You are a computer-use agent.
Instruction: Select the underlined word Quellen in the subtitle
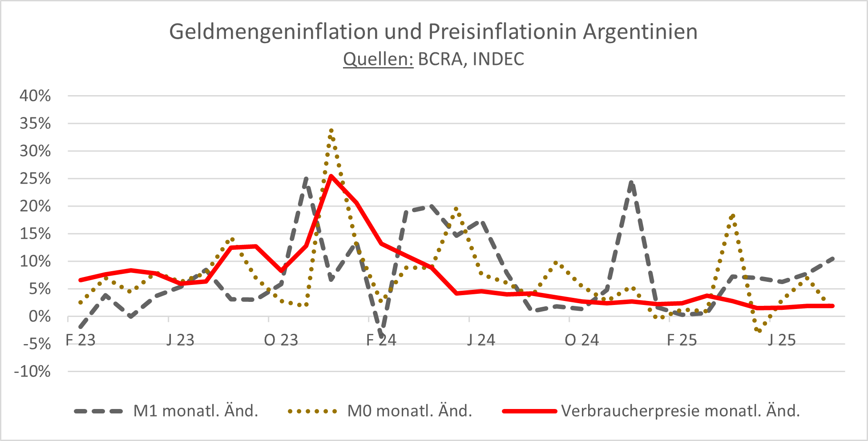[x=378, y=59]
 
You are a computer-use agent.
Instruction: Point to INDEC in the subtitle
[x=498, y=59]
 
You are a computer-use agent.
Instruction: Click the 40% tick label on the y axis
[x=35, y=96]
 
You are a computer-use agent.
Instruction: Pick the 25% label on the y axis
[x=35, y=179]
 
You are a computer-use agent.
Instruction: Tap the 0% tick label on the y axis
[x=40, y=317]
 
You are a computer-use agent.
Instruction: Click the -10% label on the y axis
[x=32, y=372]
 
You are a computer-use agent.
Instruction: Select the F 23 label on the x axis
[x=81, y=341]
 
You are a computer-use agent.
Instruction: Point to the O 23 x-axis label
[x=281, y=341]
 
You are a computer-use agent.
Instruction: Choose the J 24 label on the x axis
[x=481, y=341]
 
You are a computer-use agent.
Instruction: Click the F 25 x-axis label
[x=682, y=341]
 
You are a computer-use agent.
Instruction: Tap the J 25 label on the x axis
[x=782, y=341]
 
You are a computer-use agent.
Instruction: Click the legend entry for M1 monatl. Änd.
[x=196, y=411]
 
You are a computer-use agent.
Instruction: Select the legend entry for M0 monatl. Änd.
[x=409, y=411]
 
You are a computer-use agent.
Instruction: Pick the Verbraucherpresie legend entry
[x=681, y=411]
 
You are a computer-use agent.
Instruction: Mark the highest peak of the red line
[x=331, y=176]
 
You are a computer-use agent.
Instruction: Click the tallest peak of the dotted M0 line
[x=331, y=131]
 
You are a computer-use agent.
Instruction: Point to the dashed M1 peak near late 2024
[x=632, y=182]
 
